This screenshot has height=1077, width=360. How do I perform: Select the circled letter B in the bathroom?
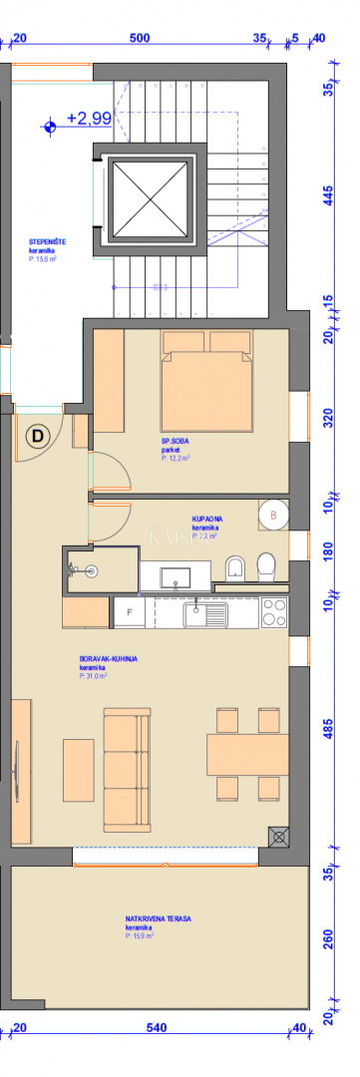pos(274,516)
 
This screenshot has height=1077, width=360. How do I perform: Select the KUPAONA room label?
pos(208,520)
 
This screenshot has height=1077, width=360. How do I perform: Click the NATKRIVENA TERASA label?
pos(159,918)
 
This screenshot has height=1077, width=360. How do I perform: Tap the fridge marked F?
pos(128,611)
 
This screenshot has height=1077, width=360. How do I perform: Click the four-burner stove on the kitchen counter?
pos(274,611)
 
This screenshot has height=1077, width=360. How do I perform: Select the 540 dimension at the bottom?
pos(156,1027)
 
